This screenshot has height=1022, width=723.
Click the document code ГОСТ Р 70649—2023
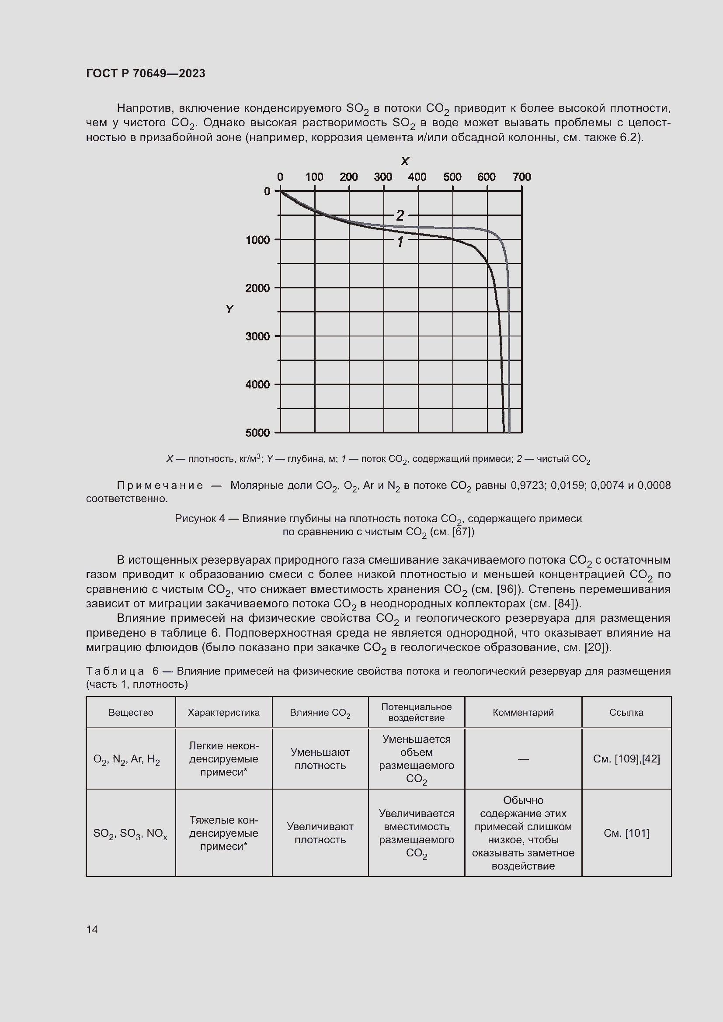pyautogui.click(x=146, y=73)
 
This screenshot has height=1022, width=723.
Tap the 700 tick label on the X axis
pyautogui.click(x=521, y=177)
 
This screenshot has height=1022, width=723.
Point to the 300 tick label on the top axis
pyautogui.click(x=383, y=177)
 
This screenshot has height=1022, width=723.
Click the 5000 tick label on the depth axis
pyautogui.click(x=258, y=433)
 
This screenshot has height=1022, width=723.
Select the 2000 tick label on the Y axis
pyautogui.click(x=258, y=288)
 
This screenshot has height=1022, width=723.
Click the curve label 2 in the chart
pyautogui.click(x=400, y=215)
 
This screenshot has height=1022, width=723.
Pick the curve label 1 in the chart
pyautogui.click(x=400, y=242)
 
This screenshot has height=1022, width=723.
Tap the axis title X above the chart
pyautogui.click(x=404, y=161)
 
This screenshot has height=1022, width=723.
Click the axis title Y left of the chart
pyautogui.click(x=229, y=309)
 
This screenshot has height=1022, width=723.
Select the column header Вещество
pyautogui.click(x=131, y=712)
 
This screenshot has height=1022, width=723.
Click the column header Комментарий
pyautogui.click(x=523, y=712)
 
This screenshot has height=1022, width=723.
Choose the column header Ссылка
pyautogui.click(x=626, y=712)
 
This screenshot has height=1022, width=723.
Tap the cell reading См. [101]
pyautogui.click(x=626, y=833)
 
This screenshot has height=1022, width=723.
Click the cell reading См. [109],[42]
pyautogui.click(x=626, y=759)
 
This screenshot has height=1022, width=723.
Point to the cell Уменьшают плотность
pyautogui.click(x=320, y=759)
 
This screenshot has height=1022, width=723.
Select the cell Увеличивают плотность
pyautogui.click(x=320, y=833)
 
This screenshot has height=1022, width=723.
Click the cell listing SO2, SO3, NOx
pyautogui.click(x=130, y=833)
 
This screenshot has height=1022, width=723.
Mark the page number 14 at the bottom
pyautogui.click(x=92, y=929)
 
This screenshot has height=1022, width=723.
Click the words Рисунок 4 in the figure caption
pyautogui.click(x=199, y=519)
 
